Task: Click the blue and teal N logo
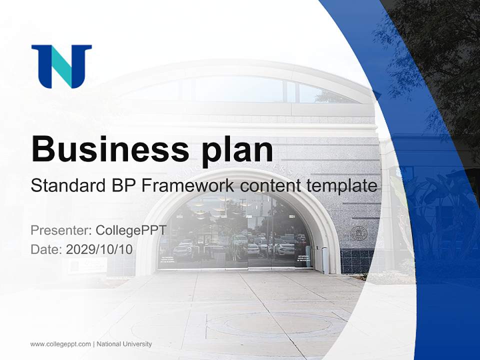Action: [61, 66]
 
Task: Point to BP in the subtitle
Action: [122, 186]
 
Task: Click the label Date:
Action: [46, 249]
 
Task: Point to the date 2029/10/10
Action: [99, 249]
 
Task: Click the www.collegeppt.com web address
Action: [60, 344]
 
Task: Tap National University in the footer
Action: [124, 344]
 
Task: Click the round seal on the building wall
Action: [358, 233]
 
